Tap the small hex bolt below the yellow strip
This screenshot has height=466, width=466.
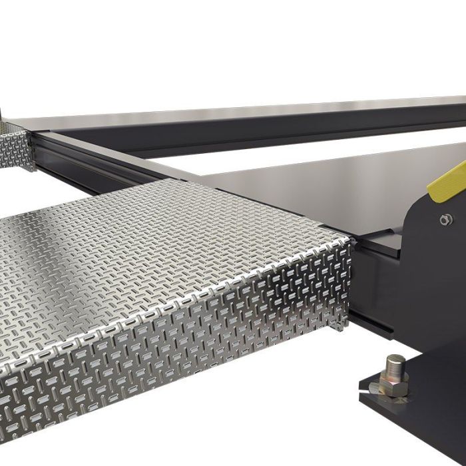click(x=444, y=219)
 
